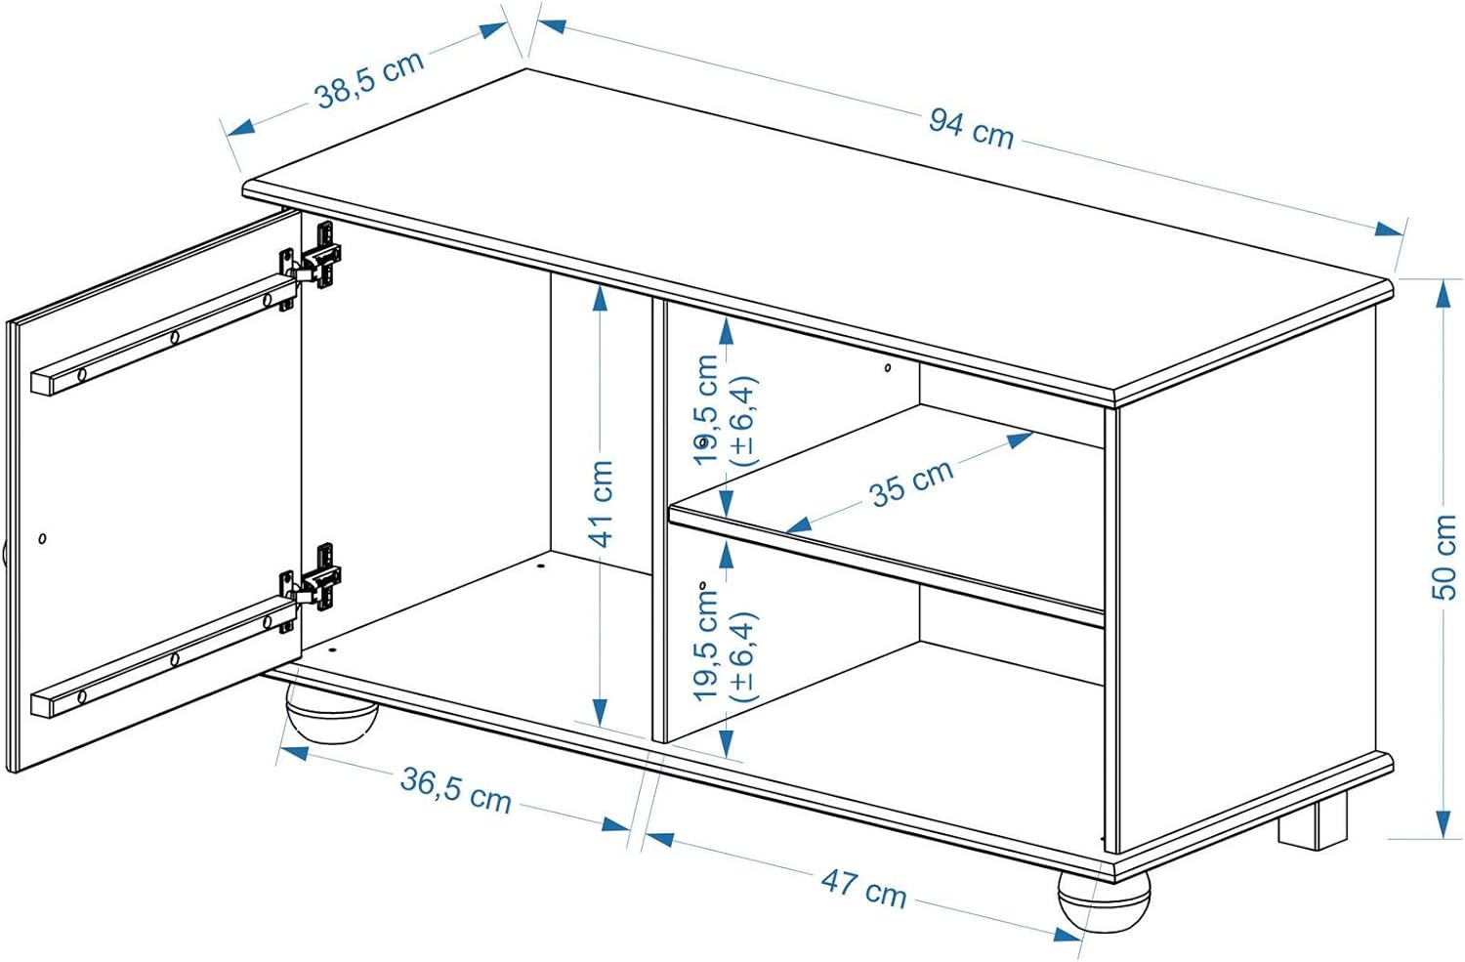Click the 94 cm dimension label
point(971,127)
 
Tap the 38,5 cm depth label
point(369,78)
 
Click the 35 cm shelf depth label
point(911,482)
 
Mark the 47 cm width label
point(863,887)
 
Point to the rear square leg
point(1314,821)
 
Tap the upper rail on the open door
point(161,337)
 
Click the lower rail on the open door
point(161,662)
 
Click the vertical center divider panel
point(658,518)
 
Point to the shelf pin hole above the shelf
point(887,368)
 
